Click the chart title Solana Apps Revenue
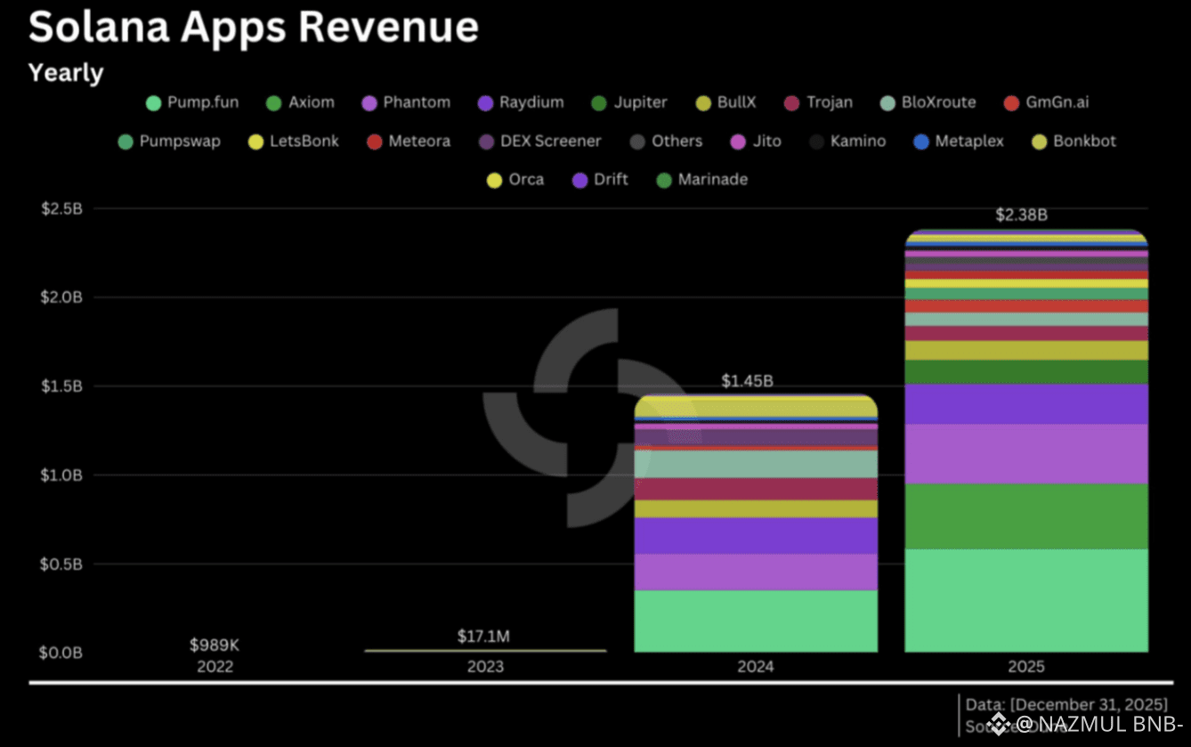254,28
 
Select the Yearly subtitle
66,73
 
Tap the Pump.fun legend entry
192,102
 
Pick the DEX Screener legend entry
540,142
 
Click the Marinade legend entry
701,180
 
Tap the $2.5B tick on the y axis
62,208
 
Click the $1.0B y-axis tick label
62,475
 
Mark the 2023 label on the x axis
485,667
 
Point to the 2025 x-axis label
1026,667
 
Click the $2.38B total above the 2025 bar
1021,215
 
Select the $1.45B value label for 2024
748,381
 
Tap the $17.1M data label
483,637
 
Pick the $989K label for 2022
215,645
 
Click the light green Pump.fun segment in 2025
1026,601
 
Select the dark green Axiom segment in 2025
1026,516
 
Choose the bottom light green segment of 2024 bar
756,621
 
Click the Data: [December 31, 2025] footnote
1066,705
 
